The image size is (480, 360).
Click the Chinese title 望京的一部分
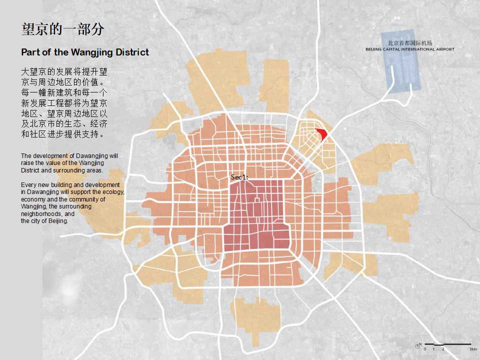(63, 29)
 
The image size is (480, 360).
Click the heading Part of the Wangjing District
(85, 52)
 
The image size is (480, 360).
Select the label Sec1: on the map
(239, 177)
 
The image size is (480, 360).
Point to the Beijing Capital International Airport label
(410, 49)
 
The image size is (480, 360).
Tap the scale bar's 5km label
(473, 349)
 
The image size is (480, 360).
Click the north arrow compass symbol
(418, 345)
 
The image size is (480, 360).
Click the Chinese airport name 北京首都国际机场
(410, 43)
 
